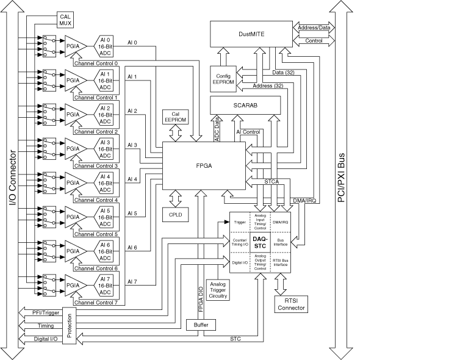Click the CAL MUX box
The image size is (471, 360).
(65, 20)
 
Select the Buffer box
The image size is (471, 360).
(201, 325)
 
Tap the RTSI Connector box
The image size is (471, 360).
(290, 304)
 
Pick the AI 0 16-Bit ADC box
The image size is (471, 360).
(104, 45)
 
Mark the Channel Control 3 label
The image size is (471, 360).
(95, 165)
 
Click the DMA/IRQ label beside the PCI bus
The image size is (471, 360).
(304, 200)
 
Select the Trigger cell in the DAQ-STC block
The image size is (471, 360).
(240, 222)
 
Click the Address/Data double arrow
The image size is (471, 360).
(312, 27)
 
